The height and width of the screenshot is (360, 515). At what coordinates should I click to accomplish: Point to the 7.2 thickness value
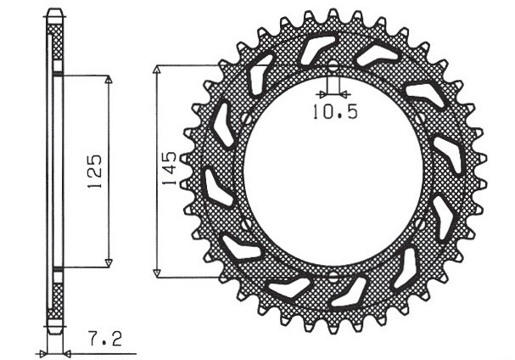coord(105,340)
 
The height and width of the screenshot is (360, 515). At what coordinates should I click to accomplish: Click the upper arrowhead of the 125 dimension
coord(108,79)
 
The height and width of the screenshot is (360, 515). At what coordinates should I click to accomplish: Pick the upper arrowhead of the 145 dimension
coord(156,67)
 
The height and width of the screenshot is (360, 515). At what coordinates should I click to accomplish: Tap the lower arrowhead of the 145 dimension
coord(156,273)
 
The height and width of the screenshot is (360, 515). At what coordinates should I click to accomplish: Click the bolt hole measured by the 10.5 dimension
coord(333,67)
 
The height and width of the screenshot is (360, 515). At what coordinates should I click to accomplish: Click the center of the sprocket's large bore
coord(333,171)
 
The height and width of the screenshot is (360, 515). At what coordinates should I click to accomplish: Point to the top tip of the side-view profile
coord(54,11)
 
